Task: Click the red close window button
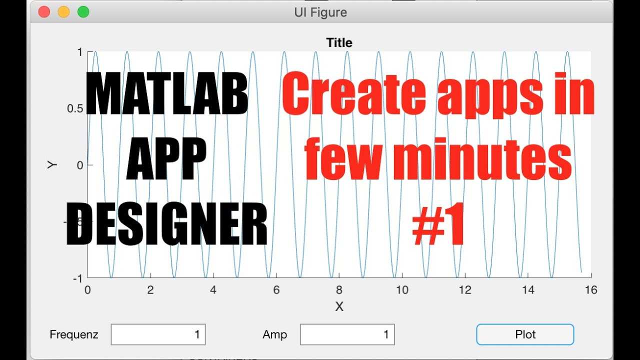(x=44, y=12)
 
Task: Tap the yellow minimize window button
(x=63, y=12)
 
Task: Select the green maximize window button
(x=83, y=12)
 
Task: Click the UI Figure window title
(x=320, y=12)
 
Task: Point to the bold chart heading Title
(x=339, y=43)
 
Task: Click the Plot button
(x=525, y=334)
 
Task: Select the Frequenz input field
(x=158, y=334)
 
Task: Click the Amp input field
(x=347, y=334)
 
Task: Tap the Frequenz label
(x=74, y=334)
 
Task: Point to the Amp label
(x=275, y=335)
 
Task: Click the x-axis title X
(x=339, y=306)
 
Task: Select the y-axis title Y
(x=51, y=165)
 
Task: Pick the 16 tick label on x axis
(x=591, y=290)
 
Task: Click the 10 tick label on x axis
(x=402, y=290)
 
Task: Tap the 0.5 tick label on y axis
(x=75, y=108)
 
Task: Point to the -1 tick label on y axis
(x=77, y=278)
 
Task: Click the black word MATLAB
(x=167, y=93)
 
